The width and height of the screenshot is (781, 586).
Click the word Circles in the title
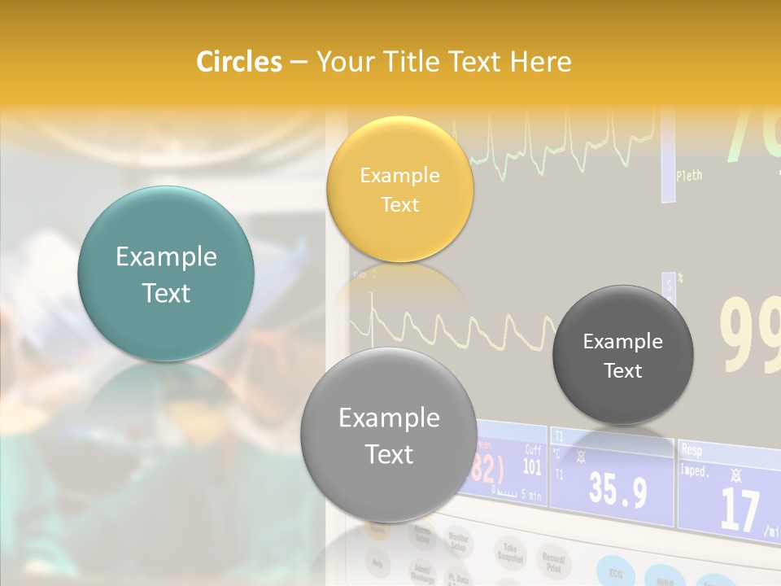(239, 62)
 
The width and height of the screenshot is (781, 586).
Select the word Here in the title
(540, 62)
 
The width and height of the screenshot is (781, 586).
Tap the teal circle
(166, 273)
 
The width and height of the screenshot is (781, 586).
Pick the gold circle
(399, 189)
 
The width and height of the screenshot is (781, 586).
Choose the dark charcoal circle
(623, 355)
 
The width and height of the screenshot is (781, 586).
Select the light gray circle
(389, 435)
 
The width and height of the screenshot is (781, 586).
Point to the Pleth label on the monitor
(688, 175)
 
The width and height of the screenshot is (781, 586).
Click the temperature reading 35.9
(617, 491)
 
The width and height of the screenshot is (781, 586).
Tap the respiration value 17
(740, 509)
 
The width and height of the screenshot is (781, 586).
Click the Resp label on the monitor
(692, 449)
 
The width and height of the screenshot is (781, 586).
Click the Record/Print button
(554, 562)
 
